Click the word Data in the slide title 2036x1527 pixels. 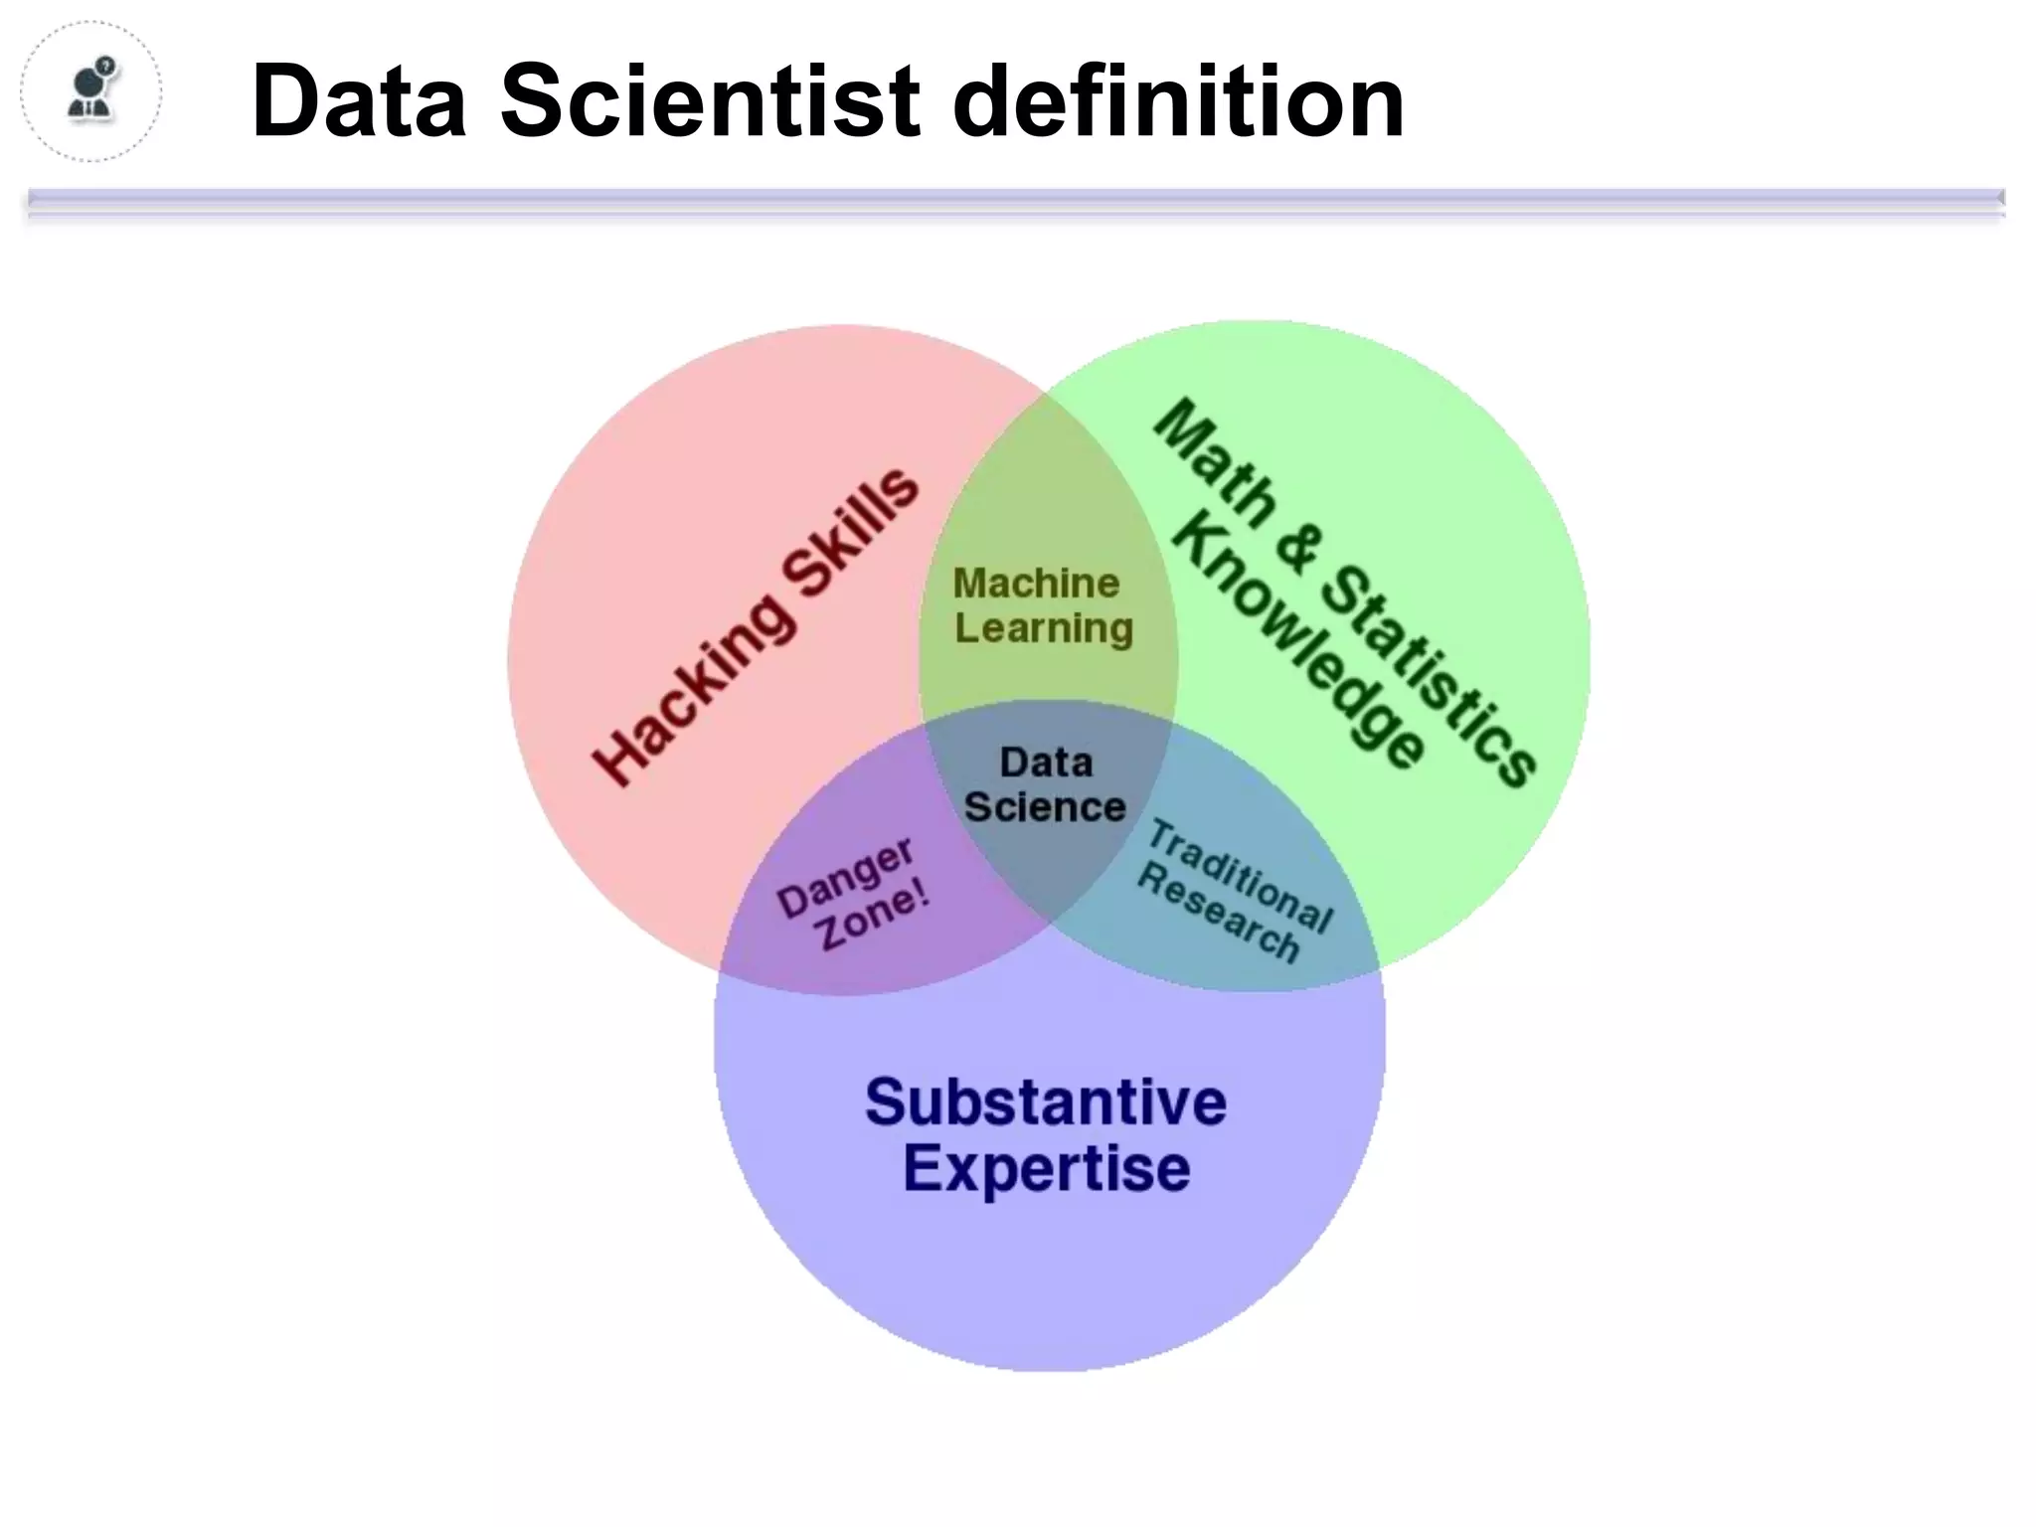pos(359,101)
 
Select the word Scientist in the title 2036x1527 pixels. pos(710,101)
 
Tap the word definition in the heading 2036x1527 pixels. pos(1177,101)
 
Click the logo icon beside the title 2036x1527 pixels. pos(91,91)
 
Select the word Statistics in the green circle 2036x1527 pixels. pos(1433,676)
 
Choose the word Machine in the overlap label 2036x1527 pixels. pos(1036,583)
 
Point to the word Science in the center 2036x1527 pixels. pos(1045,807)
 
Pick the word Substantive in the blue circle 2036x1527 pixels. pos(1046,1102)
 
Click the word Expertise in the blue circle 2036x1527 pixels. pos(1046,1168)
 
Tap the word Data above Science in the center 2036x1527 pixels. pos(1046,763)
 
